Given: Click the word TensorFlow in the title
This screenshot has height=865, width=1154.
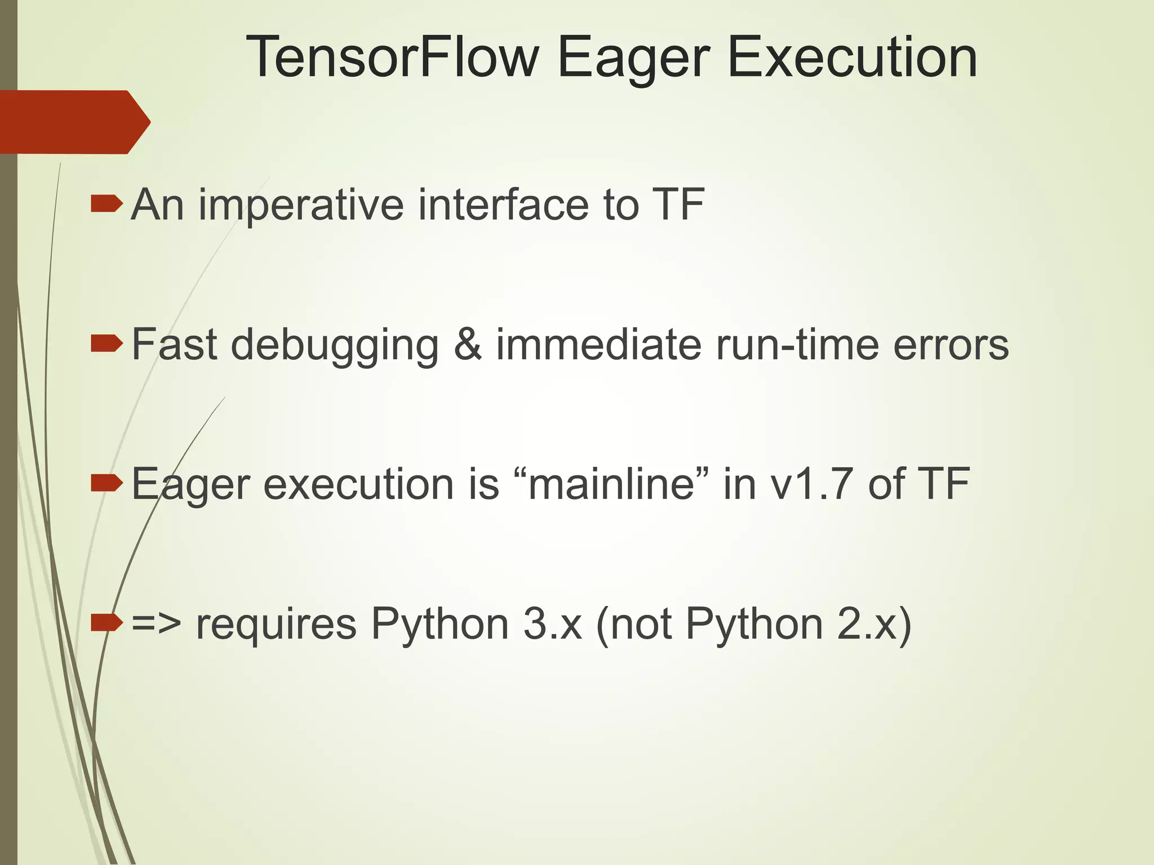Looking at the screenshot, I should pos(392,57).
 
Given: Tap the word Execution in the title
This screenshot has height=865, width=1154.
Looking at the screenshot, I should pos(852,57).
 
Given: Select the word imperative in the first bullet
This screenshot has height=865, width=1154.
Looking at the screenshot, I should pos(301,205).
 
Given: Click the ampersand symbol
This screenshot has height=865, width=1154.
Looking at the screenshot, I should pos(467,344).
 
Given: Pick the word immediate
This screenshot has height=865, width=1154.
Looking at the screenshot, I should pos(598,344).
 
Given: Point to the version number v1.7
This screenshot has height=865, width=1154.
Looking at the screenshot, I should pos(812,484).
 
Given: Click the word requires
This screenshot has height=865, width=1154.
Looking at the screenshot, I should pos(276,624).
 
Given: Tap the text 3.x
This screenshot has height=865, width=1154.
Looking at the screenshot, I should pos(552,624).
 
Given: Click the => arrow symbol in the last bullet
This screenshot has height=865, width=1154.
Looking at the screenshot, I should pos(156,624).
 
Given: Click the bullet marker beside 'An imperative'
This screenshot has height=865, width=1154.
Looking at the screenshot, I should pos(106,204).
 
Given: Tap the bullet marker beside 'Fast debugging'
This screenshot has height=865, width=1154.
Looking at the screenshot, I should pos(106,343).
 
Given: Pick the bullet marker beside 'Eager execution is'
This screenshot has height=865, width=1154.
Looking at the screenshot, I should pos(106,483).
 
